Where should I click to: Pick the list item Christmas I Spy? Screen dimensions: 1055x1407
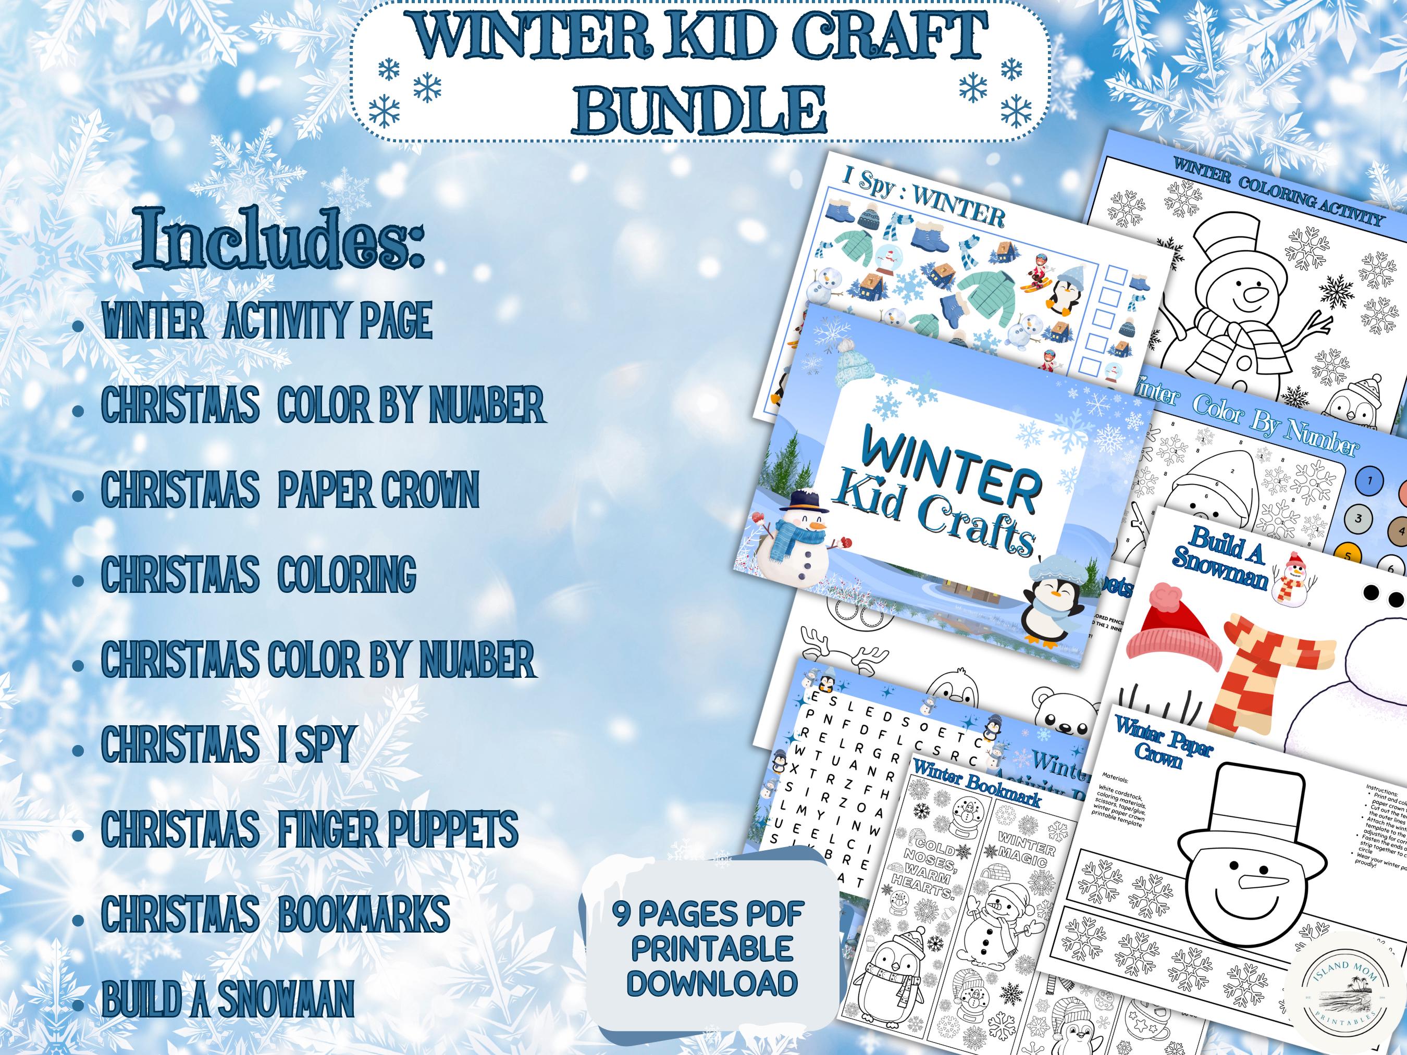pyautogui.click(x=227, y=744)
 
